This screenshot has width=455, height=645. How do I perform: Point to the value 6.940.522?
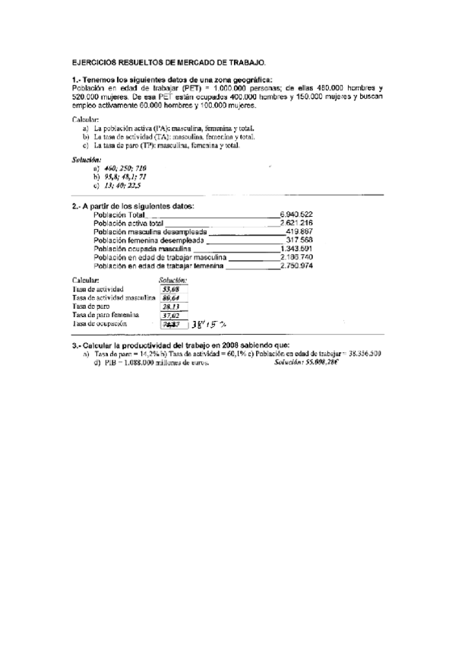click(x=296, y=214)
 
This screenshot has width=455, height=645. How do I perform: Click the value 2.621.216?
click(x=296, y=223)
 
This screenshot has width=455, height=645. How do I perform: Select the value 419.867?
click(x=299, y=231)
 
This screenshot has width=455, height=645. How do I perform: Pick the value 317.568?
click(x=299, y=240)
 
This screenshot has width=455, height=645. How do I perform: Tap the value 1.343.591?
click(x=296, y=248)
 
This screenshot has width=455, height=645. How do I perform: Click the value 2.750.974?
click(x=296, y=265)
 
